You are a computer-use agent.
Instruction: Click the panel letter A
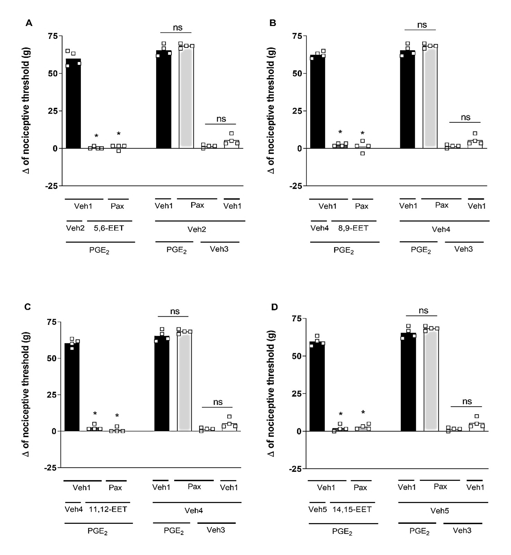coord(29,23)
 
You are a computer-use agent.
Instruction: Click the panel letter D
coord(274,307)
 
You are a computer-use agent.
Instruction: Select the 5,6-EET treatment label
coord(109,228)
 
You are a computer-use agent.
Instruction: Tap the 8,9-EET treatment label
coord(353,228)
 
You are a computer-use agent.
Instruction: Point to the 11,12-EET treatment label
coord(108,509)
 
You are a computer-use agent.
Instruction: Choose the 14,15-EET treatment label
coord(352,509)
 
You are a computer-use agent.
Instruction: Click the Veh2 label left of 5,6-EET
coord(75,228)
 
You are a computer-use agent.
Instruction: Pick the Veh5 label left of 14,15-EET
coord(318,509)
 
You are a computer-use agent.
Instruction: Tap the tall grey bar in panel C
coord(184,381)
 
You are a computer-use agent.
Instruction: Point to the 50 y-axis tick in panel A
coord(53,74)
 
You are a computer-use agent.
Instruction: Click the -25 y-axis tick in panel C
coord(51,468)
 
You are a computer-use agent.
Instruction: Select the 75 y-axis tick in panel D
coord(296,318)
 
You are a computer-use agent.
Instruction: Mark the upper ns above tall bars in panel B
coord(422,25)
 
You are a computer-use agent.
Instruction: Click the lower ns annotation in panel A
coord(221,119)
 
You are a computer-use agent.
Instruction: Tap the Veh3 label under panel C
coord(216,530)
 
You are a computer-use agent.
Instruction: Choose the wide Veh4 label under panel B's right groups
coord(441,229)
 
